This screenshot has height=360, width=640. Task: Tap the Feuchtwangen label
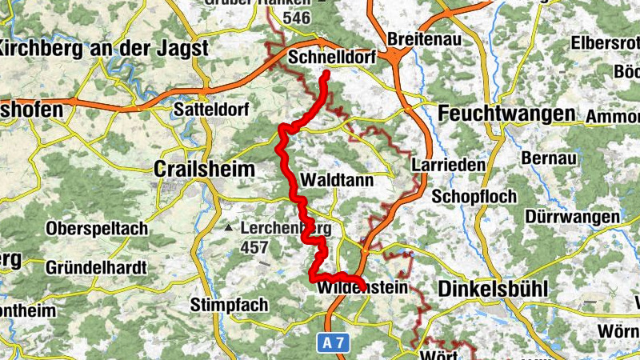tap(506, 114)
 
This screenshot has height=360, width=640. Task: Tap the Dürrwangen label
tap(573, 217)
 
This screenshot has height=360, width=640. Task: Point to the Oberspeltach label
tap(97, 229)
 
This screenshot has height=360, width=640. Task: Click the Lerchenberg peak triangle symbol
tap(230, 228)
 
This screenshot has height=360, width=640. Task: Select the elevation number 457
tap(254, 247)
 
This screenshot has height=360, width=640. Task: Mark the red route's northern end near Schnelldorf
tap(326, 75)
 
